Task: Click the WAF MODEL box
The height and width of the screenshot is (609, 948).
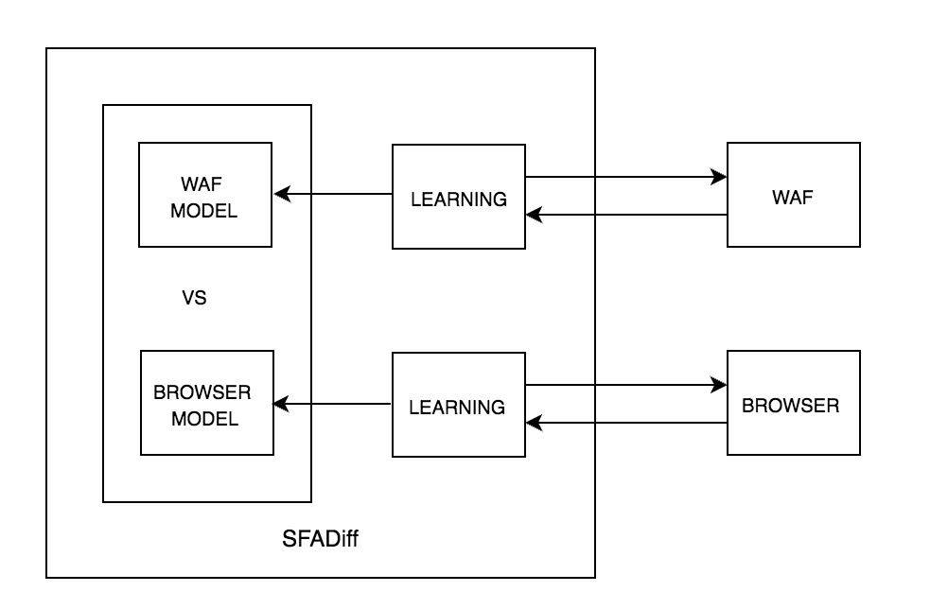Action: coord(204,195)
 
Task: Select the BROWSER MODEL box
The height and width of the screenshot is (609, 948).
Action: coord(206,403)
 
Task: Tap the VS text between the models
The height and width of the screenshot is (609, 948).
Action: coord(194,299)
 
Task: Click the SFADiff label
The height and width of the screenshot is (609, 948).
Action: coord(321,540)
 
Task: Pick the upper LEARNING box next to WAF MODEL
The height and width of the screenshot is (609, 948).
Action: coord(459,197)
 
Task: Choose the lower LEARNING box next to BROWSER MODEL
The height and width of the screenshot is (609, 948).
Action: coord(458,405)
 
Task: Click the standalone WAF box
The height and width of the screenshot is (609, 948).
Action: coord(793,195)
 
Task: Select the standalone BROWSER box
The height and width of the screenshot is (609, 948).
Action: coord(793,404)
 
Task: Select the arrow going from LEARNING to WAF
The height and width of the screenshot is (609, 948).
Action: coord(624,177)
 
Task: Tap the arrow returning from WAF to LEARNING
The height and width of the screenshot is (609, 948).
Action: coord(624,216)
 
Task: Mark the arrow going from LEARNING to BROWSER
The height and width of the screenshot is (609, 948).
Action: coord(624,386)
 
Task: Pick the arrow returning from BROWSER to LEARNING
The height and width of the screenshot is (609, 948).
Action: coord(624,424)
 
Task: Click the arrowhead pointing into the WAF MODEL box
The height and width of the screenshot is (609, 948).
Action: coord(280,195)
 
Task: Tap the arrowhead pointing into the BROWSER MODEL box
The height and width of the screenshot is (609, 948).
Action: coord(280,405)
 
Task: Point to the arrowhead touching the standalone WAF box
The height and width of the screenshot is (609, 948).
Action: coord(720,177)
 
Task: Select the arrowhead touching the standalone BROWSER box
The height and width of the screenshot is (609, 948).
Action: coord(720,386)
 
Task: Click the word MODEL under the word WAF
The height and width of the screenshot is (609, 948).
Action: coord(203,210)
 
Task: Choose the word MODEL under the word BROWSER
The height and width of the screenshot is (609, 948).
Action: coord(204,418)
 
